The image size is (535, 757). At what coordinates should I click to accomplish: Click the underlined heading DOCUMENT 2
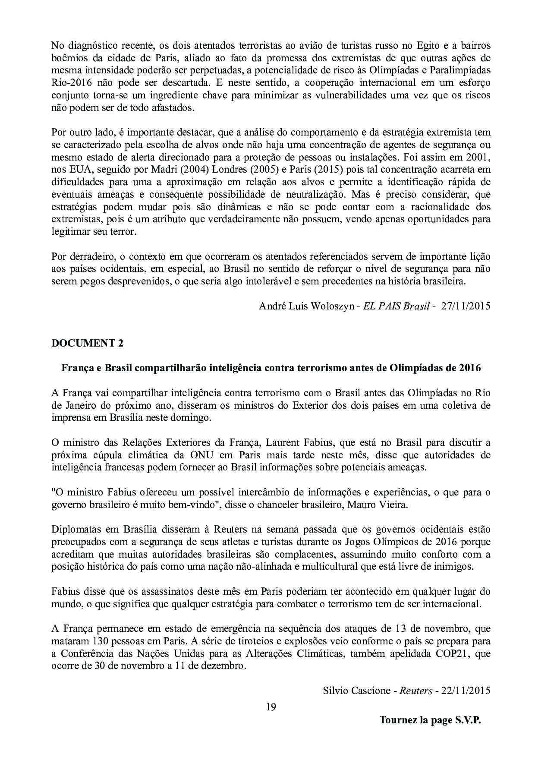87,343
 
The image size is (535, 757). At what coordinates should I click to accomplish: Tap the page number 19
271,707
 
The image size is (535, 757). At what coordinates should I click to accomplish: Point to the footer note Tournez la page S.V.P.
430,720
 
